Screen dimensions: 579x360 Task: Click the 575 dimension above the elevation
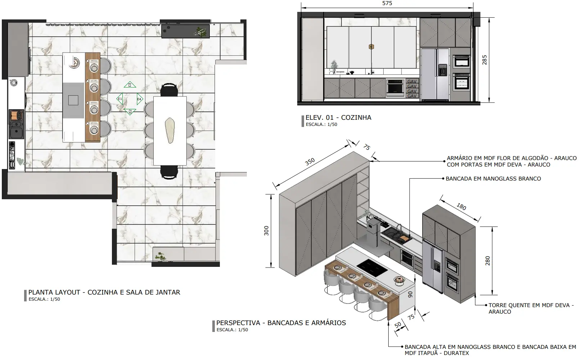coord(387,3)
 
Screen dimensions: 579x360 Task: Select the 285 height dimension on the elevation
coord(484,60)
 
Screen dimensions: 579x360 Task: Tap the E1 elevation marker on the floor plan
coord(120,99)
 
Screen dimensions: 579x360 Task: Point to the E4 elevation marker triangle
coord(140,99)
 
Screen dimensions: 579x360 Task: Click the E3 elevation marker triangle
coord(130,85)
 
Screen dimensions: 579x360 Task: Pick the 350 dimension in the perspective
coord(310,162)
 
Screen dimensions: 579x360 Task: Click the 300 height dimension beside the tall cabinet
coord(266,231)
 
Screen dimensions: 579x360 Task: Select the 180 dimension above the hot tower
coord(461,206)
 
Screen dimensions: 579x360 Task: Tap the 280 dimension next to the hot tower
coord(488,261)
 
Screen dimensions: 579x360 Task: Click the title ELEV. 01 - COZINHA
coord(338,118)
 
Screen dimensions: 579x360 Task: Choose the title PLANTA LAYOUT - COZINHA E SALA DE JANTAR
coord(104,292)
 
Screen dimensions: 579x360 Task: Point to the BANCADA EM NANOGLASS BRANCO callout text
coord(493,178)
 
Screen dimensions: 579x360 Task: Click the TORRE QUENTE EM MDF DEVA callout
coord(531,308)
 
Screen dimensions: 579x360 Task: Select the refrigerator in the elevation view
coord(435,74)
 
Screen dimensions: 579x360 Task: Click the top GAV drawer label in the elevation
coord(412,81)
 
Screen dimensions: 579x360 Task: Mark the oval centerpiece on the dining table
coord(170,130)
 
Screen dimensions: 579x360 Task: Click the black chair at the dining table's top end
coord(169,90)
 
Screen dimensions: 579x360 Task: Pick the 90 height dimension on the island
coord(411,295)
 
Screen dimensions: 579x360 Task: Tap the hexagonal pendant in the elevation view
coord(371,47)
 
